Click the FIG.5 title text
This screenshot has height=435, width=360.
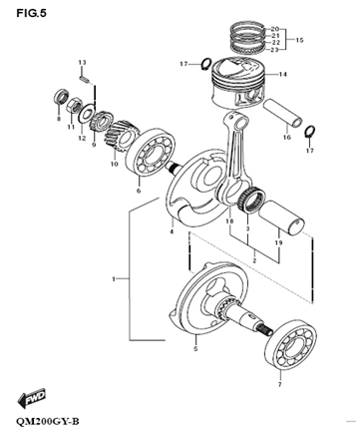32,13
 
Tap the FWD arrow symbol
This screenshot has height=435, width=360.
32,398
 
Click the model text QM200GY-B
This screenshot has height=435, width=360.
47,421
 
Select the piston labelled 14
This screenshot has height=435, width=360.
237,82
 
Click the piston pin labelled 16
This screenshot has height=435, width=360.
283,113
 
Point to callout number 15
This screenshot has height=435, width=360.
299,40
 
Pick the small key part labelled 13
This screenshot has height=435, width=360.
85,80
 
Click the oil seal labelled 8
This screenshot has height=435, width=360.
61,97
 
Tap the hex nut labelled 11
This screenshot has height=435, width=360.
74,105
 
